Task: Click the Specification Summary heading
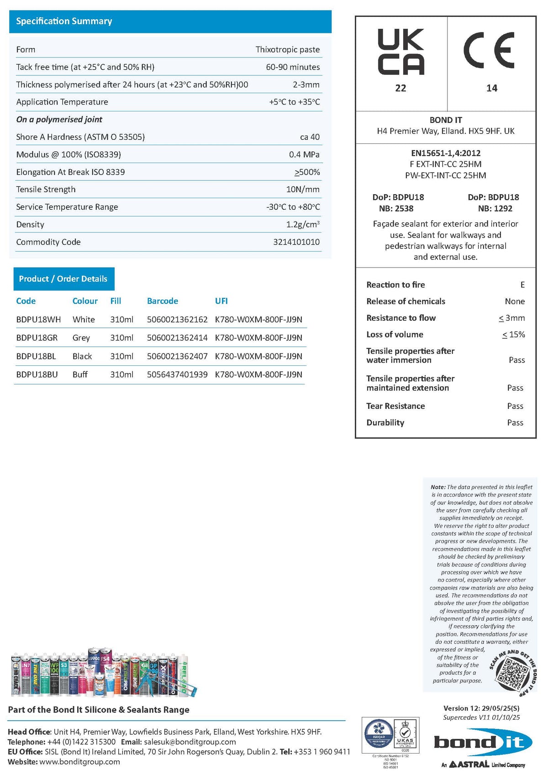(x=64, y=21)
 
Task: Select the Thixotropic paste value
(x=287, y=49)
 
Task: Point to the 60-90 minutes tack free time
(x=293, y=67)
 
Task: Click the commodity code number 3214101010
(x=296, y=242)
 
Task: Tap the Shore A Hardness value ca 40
(x=310, y=137)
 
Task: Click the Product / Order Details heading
(x=63, y=279)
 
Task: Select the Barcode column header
(x=162, y=301)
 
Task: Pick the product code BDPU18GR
(x=37, y=338)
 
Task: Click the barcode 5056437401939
(x=177, y=374)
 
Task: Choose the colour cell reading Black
(x=82, y=356)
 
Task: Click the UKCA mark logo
(x=400, y=52)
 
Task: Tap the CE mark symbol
(x=489, y=50)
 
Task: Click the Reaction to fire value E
(x=522, y=285)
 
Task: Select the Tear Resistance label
(x=395, y=406)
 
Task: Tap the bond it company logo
(x=483, y=743)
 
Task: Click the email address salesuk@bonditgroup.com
(x=190, y=742)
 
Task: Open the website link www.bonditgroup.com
(x=79, y=762)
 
